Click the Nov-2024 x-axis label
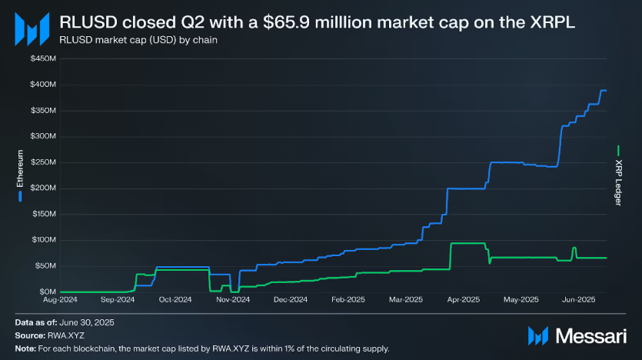[234, 299]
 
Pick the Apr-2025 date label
[464, 299]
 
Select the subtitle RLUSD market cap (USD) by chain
[132, 40]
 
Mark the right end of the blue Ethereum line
[606, 91]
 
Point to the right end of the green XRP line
[606, 258]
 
